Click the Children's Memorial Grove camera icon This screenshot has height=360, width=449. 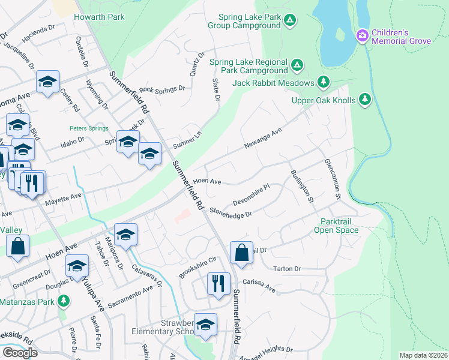click(362, 36)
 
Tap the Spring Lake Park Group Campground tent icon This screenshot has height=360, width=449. click(290, 22)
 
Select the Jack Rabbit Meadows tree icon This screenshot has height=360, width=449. click(324, 82)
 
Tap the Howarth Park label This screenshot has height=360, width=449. click(99, 17)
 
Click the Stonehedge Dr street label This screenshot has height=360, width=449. click(230, 211)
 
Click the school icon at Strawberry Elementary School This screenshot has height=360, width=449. click(205, 325)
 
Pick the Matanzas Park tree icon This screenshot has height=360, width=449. click(63, 301)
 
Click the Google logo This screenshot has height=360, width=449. click(20, 353)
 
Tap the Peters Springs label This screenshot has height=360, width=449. click(88, 128)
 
